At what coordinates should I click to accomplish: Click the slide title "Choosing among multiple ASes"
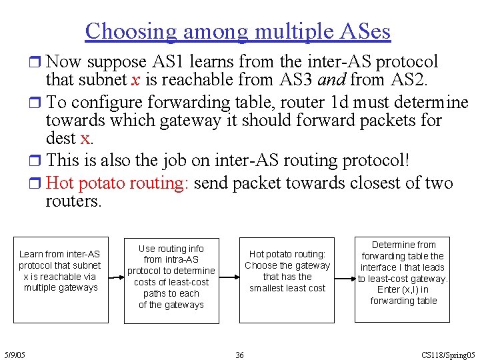click(x=238, y=31)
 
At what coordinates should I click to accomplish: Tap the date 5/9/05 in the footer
click(x=14, y=355)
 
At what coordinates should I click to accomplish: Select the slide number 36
click(x=239, y=355)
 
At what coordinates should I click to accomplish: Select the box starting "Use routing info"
click(x=171, y=276)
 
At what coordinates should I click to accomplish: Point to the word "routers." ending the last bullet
click(x=73, y=201)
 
